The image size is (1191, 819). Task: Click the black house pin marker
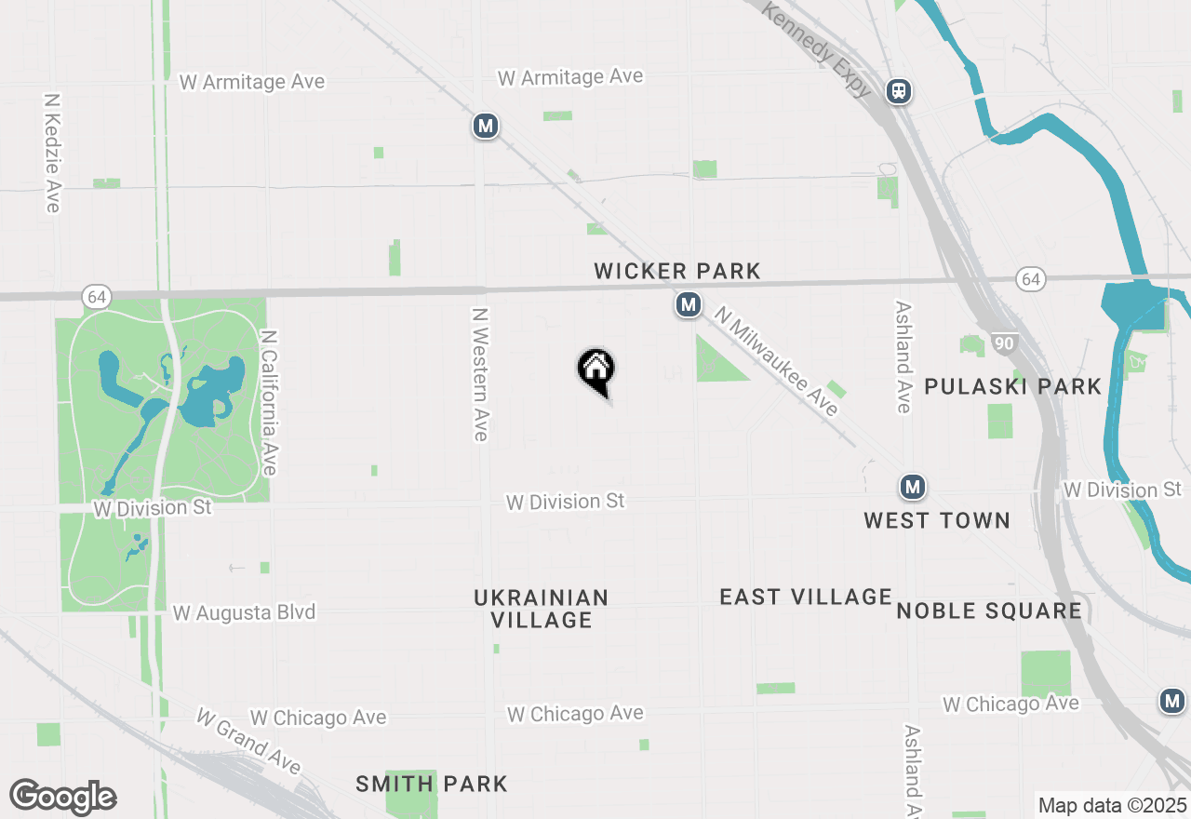(596, 370)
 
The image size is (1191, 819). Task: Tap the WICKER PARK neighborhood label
(677, 271)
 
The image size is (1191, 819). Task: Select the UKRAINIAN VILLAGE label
(542, 609)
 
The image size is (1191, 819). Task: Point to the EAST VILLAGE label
(806, 597)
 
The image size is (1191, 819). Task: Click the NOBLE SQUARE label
(989, 611)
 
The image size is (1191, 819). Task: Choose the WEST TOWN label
(937, 520)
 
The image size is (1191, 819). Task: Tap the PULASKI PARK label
(1012, 386)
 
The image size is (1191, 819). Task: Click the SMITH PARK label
(432, 784)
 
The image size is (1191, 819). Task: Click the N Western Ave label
(480, 375)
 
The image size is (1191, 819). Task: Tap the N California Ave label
(269, 402)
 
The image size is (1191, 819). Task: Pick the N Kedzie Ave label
(52, 152)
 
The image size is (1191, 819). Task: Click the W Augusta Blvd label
(244, 612)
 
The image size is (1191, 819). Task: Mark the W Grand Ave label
(248, 741)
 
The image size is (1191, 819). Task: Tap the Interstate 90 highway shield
(1004, 343)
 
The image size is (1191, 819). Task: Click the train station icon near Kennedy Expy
(899, 90)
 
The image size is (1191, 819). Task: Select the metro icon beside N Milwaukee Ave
(689, 304)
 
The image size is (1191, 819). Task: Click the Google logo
(63, 797)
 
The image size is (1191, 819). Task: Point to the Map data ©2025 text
(1112, 805)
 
